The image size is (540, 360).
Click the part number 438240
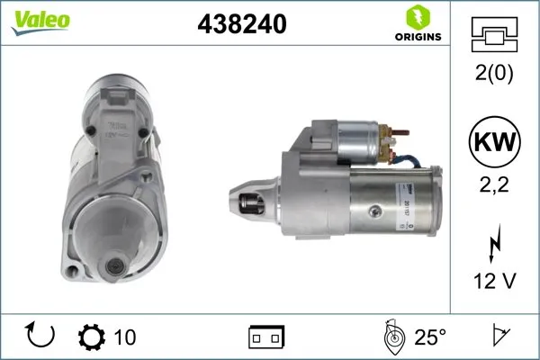[x=241, y=25]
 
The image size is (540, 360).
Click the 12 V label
[x=495, y=282]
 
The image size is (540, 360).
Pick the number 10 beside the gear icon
[x=125, y=337]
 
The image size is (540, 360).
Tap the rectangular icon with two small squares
[x=266, y=337]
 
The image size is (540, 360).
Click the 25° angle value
[x=429, y=337]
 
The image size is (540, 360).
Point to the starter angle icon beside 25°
[x=392, y=337]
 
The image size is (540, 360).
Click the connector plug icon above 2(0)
[x=495, y=37]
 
